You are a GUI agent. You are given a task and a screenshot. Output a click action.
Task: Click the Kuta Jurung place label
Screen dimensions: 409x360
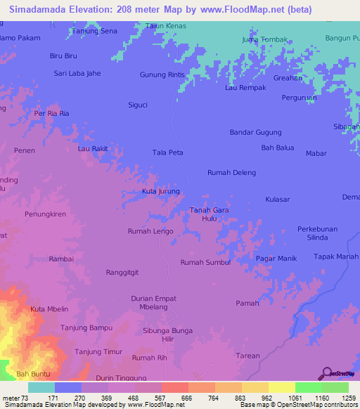(161, 191)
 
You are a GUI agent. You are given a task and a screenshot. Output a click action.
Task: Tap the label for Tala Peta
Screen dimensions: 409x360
(167, 152)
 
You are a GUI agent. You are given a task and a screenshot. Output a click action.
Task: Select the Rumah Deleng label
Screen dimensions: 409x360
(231, 172)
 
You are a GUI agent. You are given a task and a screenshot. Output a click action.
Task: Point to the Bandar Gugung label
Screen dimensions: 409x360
(255, 132)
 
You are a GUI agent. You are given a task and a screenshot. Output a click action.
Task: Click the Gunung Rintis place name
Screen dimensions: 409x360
(162, 75)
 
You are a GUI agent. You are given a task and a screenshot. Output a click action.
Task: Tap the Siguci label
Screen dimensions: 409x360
(137, 105)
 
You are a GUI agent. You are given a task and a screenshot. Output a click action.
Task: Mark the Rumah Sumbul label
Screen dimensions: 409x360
(205, 262)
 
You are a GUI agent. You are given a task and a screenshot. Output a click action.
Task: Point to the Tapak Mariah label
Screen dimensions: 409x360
(335, 257)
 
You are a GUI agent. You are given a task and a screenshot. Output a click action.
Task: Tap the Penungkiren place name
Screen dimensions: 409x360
(45, 212)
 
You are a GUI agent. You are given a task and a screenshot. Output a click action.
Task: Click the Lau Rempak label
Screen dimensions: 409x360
(245, 88)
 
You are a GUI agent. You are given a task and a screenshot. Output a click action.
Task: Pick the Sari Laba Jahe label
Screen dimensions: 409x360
(78, 73)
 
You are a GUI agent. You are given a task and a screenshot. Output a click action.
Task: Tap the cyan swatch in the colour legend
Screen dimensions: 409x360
(41, 387)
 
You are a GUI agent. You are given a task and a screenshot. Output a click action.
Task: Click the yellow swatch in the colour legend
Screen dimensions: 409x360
(281, 387)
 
